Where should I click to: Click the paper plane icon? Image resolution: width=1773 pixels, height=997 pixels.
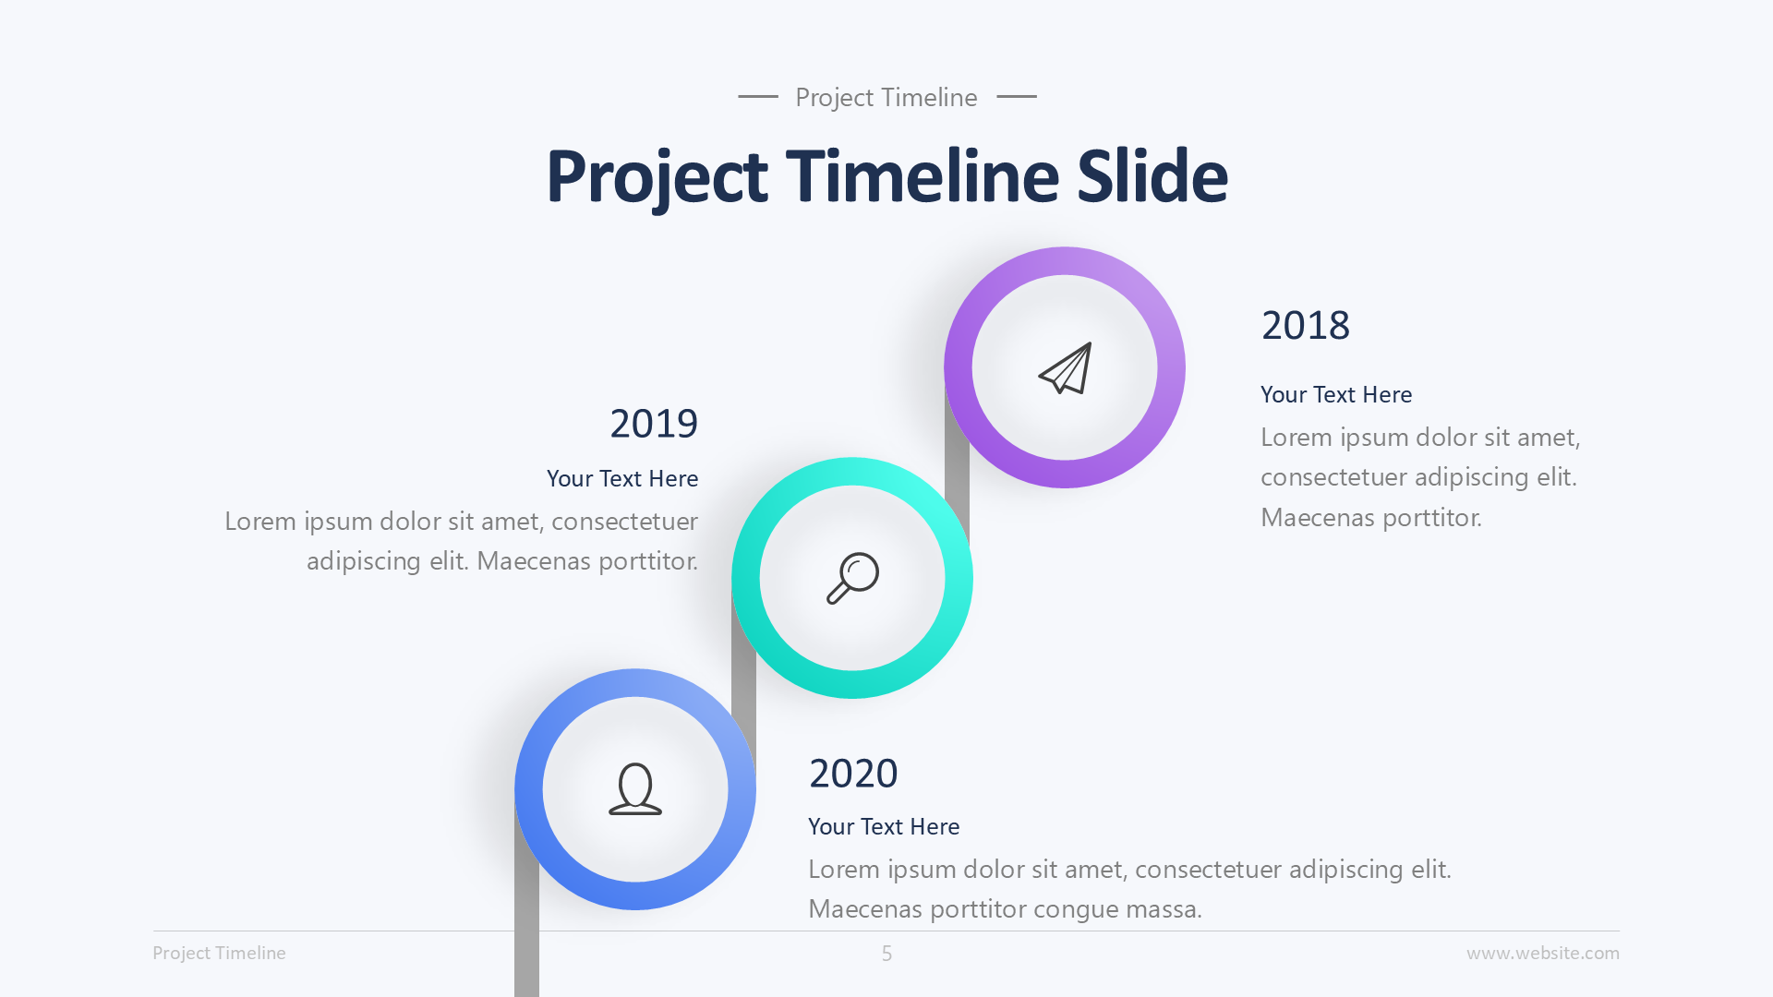pos(1066,368)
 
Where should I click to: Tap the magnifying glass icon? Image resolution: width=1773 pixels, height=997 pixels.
pos(852,578)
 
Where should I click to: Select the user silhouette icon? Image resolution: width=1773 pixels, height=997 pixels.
pos(635,789)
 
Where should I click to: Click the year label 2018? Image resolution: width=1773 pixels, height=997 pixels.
pos(1305,326)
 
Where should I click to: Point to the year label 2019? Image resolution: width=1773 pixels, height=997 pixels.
pos(654,424)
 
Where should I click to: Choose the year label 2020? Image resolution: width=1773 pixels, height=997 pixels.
pos(852,774)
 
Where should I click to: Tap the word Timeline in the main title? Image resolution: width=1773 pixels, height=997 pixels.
pos(922,176)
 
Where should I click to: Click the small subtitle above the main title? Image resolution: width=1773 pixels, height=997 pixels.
pos(886,97)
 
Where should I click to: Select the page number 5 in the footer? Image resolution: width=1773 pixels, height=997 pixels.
pos(886,954)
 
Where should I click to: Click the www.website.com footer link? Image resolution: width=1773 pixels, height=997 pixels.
pos(1542,954)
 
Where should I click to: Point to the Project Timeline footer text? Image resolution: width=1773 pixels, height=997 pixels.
pos(219,954)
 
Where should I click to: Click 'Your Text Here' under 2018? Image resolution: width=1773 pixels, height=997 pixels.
pos(1335,395)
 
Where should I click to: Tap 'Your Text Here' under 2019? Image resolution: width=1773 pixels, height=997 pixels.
pos(622,479)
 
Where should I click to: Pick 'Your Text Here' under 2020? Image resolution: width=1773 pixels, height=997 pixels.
pos(884,827)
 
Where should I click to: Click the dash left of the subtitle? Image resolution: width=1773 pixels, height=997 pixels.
pos(758,96)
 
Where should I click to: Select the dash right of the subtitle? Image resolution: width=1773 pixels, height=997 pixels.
pos(1017,96)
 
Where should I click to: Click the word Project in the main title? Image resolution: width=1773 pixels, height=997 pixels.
pos(657,176)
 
